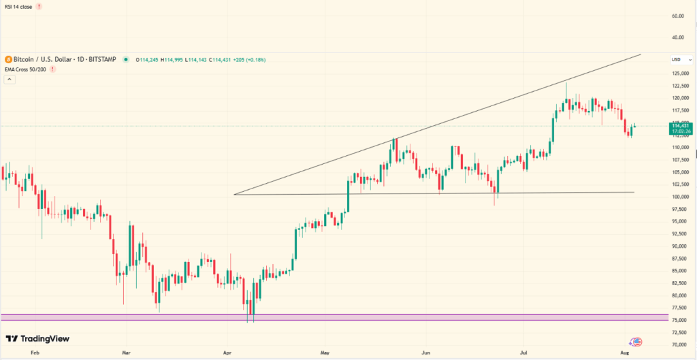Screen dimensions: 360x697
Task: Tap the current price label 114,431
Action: [680, 126]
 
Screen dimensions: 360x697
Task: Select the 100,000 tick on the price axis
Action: [680, 197]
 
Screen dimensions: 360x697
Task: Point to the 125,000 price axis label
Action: [680, 73]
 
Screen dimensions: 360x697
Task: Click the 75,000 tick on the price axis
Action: [679, 320]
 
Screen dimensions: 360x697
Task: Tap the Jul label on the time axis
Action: [523, 354]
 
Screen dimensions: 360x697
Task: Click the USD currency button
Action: [677, 59]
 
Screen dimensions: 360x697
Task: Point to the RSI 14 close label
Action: [18, 6]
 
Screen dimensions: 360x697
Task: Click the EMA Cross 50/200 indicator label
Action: [26, 69]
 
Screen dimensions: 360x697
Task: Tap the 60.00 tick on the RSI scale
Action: [677, 15]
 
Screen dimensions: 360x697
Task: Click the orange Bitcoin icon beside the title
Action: [8, 60]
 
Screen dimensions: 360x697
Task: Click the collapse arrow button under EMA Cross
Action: [10, 80]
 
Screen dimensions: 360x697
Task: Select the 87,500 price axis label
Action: [680, 259]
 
